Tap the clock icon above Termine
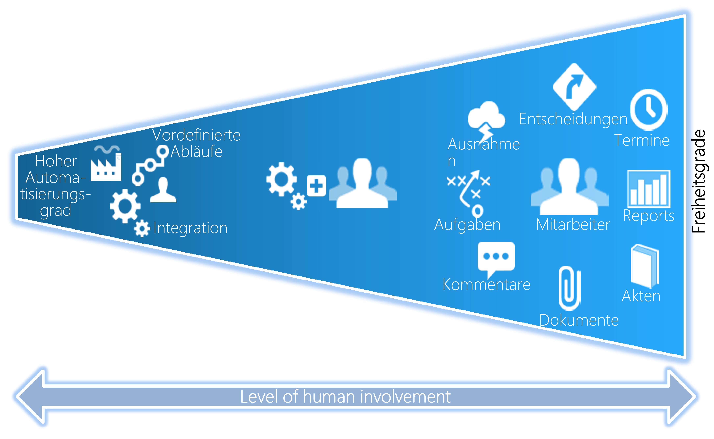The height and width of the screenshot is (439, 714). tap(649, 110)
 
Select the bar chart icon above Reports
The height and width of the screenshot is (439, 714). tap(649, 189)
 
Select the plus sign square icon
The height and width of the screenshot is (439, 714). tap(317, 186)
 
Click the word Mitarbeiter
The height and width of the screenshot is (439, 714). tap(573, 225)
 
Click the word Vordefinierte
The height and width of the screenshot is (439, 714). tap(196, 135)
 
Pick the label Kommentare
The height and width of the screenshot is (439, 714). tap(486, 285)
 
